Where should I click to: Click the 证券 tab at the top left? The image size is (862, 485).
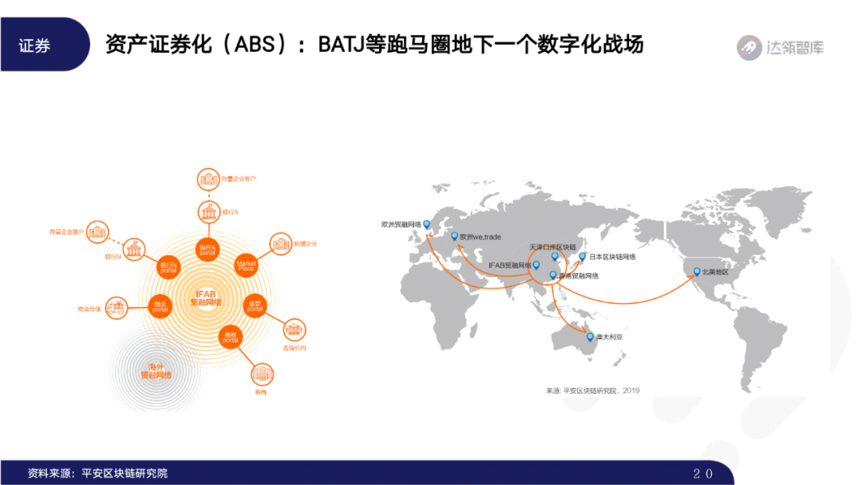(x=35, y=46)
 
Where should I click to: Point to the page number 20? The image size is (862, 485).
(x=702, y=473)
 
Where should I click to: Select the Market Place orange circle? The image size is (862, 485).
(x=245, y=264)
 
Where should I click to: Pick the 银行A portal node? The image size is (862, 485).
(x=207, y=248)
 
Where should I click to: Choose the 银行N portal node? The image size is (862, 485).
(x=168, y=265)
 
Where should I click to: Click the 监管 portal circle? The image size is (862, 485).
(x=254, y=306)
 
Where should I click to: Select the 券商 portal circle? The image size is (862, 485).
(x=230, y=336)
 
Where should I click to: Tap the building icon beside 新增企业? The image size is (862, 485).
(x=281, y=243)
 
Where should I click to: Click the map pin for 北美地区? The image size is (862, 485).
(x=695, y=272)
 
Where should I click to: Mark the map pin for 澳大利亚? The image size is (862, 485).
(x=590, y=336)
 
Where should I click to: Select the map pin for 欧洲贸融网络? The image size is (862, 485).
(x=426, y=225)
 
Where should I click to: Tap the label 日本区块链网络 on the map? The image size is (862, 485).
(x=613, y=256)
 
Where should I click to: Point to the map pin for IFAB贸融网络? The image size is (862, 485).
(x=536, y=264)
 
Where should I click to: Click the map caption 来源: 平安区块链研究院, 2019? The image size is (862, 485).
(x=593, y=390)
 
